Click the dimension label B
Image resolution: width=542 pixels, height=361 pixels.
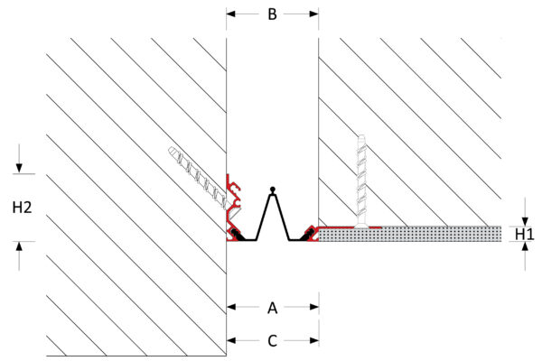(x=273, y=14)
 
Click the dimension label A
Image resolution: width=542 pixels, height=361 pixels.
(x=273, y=308)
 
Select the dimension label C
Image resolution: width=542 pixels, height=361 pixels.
(x=273, y=340)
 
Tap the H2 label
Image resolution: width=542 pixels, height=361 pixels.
(x=22, y=208)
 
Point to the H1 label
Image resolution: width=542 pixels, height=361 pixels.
(x=524, y=235)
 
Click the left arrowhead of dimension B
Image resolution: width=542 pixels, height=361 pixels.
(x=231, y=14)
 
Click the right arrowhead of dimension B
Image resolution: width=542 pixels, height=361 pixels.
(x=313, y=14)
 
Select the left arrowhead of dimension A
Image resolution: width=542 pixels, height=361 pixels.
(x=231, y=307)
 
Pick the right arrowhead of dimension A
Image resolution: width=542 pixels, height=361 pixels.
(x=313, y=307)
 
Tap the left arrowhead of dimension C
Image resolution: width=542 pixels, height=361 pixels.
(x=231, y=340)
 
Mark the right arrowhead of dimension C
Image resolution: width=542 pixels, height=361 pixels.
(x=313, y=340)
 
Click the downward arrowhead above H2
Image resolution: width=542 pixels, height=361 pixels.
(x=19, y=168)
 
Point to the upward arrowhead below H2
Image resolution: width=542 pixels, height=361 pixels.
(x=19, y=246)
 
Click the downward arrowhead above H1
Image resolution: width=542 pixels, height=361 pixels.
(x=525, y=221)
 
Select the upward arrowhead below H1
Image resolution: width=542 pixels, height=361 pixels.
(x=525, y=246)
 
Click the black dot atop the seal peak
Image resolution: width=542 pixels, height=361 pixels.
(x=273, y=190)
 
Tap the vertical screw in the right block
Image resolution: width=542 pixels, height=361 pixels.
(x=361, y=181)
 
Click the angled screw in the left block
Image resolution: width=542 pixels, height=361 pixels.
(x=198, y=179)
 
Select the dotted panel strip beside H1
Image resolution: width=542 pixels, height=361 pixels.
(x=410, y=234)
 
